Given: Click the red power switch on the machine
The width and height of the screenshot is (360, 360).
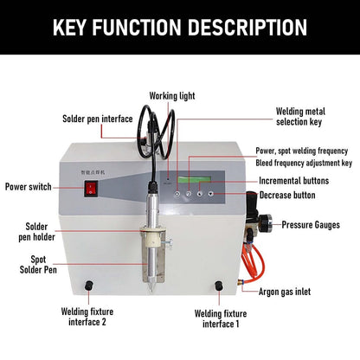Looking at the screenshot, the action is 91,188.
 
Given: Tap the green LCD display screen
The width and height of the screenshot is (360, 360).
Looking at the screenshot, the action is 195,179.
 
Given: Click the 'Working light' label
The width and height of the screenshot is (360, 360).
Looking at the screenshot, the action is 172,96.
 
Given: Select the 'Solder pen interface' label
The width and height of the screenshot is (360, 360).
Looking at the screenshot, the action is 98,119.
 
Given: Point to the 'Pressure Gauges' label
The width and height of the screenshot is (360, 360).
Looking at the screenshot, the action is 311,225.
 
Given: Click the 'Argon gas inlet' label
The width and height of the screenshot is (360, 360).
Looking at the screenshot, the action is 285,292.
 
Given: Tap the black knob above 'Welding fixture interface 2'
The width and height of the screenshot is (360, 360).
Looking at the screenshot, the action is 89,286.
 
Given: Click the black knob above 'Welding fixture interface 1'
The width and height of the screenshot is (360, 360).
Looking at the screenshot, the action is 219,286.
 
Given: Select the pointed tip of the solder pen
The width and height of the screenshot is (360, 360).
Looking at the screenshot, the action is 151,290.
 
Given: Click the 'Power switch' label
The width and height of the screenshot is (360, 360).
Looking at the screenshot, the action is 29,187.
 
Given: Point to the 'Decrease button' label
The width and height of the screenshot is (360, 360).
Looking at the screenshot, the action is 287,195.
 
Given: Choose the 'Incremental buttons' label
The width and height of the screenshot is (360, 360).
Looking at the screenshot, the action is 293,181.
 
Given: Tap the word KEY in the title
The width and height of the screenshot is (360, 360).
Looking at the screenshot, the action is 69,27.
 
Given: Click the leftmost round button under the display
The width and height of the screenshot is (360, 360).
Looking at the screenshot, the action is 177,194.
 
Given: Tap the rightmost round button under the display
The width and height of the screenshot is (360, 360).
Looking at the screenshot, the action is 211,194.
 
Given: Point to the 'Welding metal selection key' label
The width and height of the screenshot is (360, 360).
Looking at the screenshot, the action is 300,117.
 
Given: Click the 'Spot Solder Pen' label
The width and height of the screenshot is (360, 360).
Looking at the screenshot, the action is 38,265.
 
